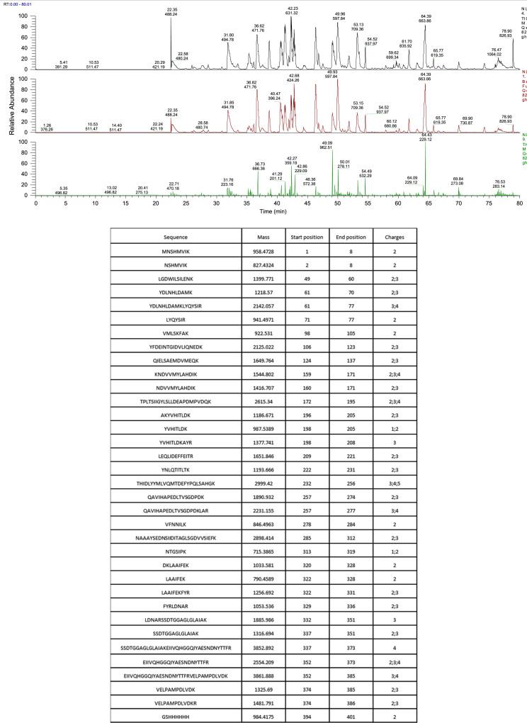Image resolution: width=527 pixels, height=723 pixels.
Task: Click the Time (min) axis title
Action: tap(277, 211)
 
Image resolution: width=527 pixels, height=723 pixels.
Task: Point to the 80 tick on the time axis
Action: tap(519, 203)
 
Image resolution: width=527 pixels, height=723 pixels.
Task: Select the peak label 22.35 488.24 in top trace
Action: tap(171, 12)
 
